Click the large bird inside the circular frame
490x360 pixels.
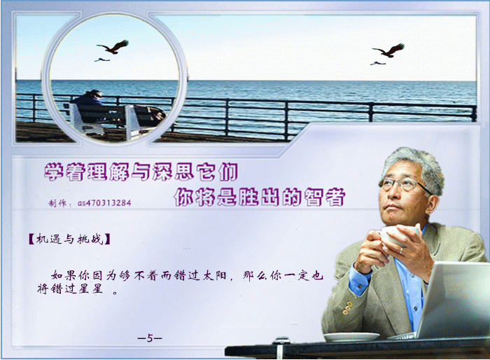tap(113, 47)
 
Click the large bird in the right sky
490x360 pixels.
tap(388, 50)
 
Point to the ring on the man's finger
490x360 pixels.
tap(401, 251)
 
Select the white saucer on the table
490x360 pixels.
tap(351, 337)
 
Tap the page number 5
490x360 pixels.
tap(150, 338)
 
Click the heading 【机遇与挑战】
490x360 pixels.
tap(69, 240)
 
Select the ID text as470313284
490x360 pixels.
tap(104, 203)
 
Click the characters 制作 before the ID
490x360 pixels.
tap(57, 203)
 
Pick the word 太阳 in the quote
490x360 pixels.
tap(214, 275)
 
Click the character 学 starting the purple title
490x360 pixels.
tap(55, 172)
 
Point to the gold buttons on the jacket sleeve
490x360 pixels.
tap(347, 308)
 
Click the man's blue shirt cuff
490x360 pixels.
tap(360, 279)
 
